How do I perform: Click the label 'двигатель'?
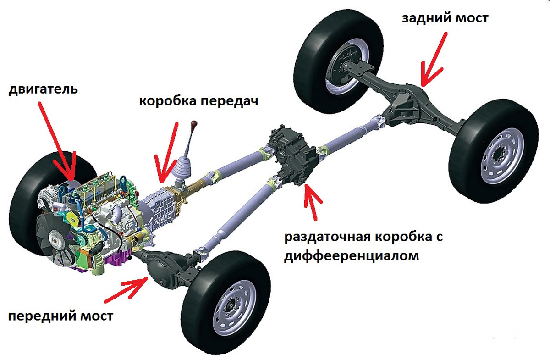(43, 89)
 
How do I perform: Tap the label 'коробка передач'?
(198, 101)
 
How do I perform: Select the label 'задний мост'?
(445, 18)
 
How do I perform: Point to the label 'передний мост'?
(60, 316)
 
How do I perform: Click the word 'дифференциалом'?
(352, 256)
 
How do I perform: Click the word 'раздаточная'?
(327, 237)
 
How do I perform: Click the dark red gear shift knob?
(194, 123)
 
